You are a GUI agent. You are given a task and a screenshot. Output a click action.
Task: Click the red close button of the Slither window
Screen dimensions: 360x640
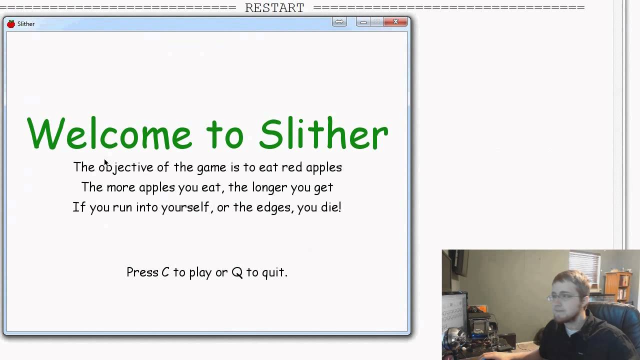click(x=395, y=22)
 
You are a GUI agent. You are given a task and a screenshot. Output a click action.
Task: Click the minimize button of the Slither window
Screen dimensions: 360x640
click(x=363, y=22)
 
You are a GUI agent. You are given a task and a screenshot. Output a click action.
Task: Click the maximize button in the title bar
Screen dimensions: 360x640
click(x=377, y=22)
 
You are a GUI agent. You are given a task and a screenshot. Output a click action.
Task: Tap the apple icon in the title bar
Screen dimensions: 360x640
click(x=11, y=24)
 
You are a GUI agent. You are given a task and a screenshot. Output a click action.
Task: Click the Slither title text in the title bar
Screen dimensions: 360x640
click(x=26, y=24)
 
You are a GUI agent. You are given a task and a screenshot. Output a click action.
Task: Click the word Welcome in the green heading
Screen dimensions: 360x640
click(x=109, y=134)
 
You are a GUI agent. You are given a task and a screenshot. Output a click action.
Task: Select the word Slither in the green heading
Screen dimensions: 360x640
click(x=323, y=134)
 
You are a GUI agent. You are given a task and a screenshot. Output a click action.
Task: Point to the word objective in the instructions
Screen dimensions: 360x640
click(x=125, y=167)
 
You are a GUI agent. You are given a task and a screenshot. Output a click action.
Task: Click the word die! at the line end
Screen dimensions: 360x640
click(x=330, y=207)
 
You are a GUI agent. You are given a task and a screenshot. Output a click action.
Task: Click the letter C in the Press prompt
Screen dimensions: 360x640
click(x=165, y=272)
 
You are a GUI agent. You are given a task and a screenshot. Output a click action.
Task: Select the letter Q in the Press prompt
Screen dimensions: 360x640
click(x=237, y=273)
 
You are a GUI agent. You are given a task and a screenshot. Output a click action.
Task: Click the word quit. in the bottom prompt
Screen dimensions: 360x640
click(x=274, y=272)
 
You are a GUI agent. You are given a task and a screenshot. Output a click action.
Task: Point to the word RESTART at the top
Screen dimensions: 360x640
click(x=274, y=8)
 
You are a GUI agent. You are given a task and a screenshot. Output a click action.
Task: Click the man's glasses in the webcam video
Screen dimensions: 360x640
click(x=562, y=297)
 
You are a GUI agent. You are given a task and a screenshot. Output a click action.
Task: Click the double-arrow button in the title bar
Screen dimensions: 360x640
click(x=339, y=22)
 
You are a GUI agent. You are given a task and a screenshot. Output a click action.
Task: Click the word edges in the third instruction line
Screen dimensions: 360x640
click(x=274, y=207)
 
